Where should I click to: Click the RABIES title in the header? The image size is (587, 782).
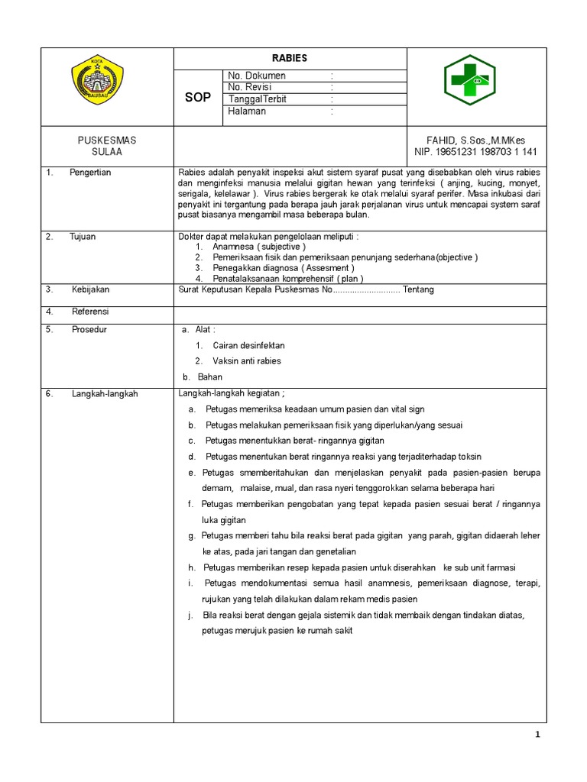pyautogui.click(x=290, y=58)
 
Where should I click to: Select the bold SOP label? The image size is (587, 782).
pyautogui.click(x=198, y=98)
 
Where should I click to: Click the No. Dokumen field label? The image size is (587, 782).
pyautogui.click(x=257, y=76)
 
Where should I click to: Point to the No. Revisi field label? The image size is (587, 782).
pyautogui.click(x=250, y=87)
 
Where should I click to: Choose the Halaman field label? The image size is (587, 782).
pyautogui.click(x=247, y=111)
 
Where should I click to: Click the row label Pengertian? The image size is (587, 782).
pyautogui.click(x=90, y=173)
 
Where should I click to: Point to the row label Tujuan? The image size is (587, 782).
pyautogui.click(x=83, y=237)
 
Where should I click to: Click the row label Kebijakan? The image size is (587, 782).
pyautogui.click(x=91, y=290)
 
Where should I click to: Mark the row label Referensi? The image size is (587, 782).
pyautogui.click(x=90, y=312)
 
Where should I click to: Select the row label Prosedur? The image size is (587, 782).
pyautogui.click(x=89, y=329)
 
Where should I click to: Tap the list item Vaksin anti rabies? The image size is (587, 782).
pyautogui.click(x=247, y=361)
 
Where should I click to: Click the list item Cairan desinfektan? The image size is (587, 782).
pyautogui.click(x=248, y=345)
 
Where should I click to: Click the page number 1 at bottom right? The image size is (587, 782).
pyautogui.click(x=537, y=735)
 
